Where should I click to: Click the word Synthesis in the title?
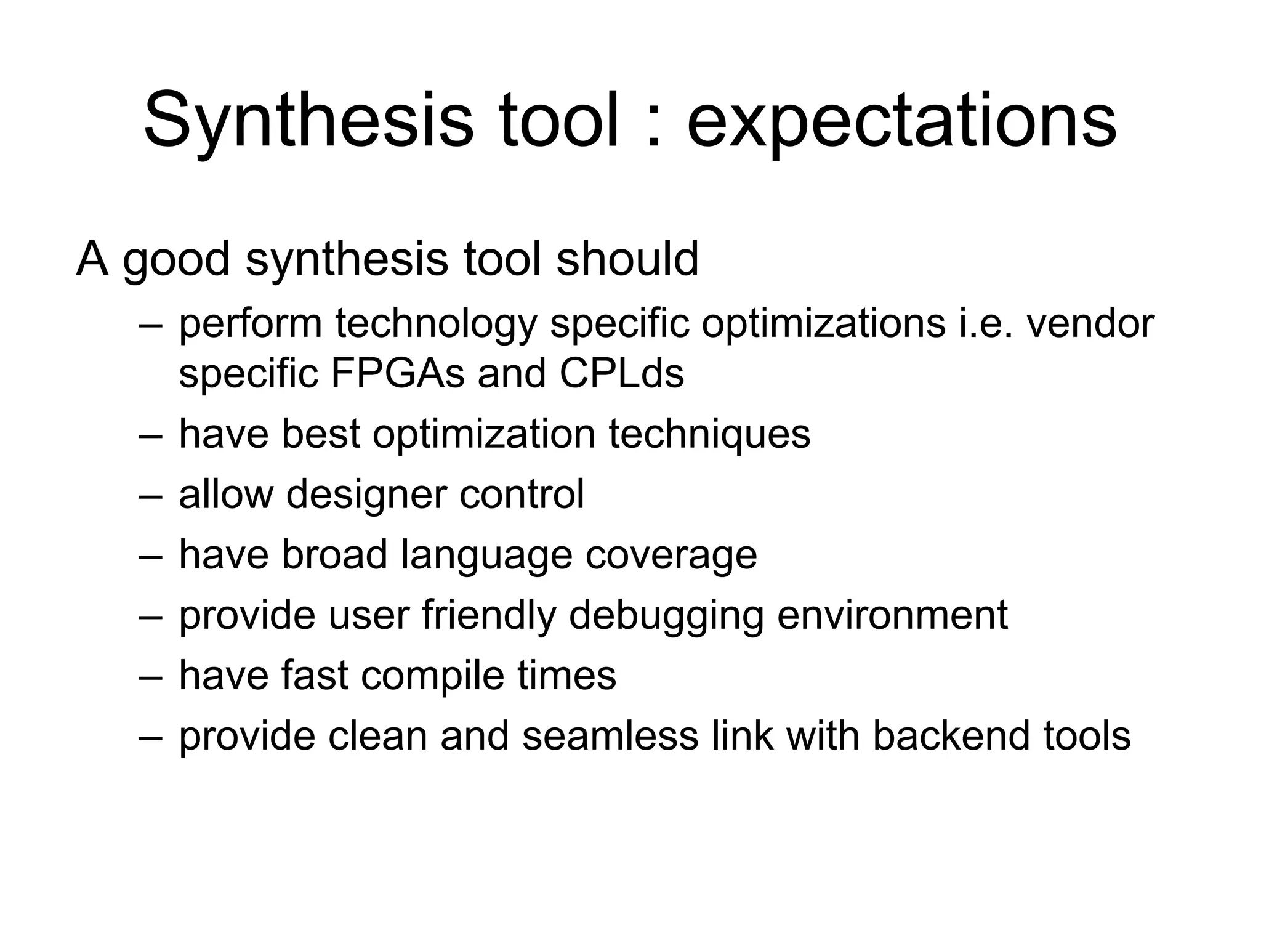[x=308, y=120]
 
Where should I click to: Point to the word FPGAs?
[x=397, y=373]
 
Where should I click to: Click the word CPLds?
[x=621, y=373]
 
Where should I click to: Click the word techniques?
[x=709, y=434]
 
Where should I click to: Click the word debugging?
[x=666, y=615]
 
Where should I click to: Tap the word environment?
[x=892, y=615]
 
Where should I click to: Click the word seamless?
[x=610, y=736]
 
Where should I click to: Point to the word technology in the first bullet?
[x=436, y=325]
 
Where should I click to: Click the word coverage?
[x=671, y=556]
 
